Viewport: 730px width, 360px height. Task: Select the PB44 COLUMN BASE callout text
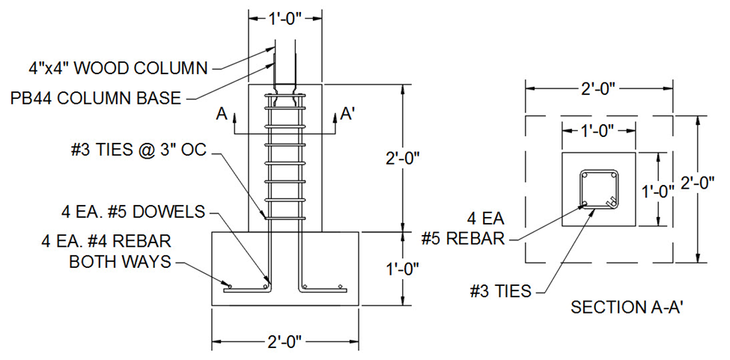tap(96, 98)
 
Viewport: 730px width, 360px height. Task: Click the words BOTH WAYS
tap(121, 262)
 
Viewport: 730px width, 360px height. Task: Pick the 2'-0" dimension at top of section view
tap(598, 88)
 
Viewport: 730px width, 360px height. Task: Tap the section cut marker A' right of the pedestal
tap(347, 114)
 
